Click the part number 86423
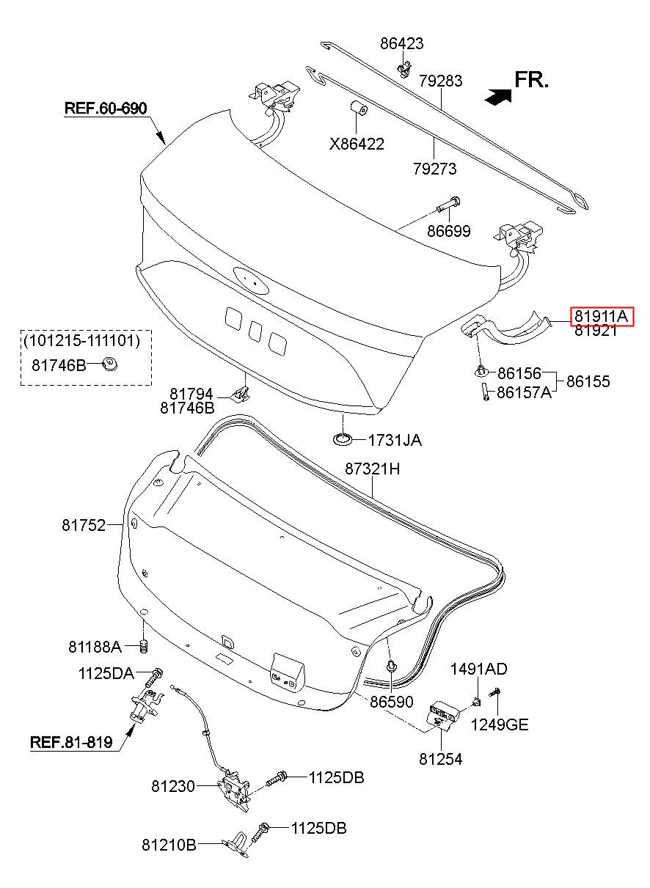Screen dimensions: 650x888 pos(401,43)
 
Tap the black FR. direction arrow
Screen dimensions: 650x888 pos(498,96)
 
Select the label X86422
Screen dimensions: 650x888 pos(357,144)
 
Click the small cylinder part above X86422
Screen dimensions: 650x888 pos(358,109)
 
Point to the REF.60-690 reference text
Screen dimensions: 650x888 pos(106,109)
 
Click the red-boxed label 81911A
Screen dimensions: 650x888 pos(602,316)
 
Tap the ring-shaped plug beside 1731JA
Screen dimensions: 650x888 pos(343,439)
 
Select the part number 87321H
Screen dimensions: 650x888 pos(372,469)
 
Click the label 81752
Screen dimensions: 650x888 pos(84,525)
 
